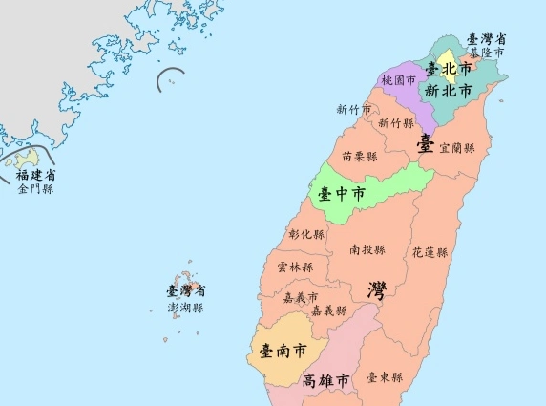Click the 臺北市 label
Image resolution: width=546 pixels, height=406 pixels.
click(449, 70)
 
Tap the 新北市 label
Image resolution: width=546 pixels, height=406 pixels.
click(448, 92)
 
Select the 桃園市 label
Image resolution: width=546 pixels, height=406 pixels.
click(398, 82)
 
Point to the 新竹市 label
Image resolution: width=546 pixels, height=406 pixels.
click(353, 109)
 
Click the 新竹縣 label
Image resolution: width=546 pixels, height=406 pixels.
click(396, 123)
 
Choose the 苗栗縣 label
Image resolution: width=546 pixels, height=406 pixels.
click(359, 156)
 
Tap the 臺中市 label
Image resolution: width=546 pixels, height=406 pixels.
click(342, 194)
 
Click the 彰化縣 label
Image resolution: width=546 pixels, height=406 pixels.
click(306, 234)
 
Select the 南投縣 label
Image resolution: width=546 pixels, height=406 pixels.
click(367, 249)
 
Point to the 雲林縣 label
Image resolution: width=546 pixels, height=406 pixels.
click(294, 267)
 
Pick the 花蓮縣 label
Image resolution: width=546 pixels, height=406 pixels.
click(430, 253)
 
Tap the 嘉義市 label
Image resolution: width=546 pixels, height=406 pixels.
click(301, 297)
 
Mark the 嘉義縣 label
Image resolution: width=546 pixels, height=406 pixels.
click(329, 310)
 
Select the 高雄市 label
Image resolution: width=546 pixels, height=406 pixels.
click(325, 380)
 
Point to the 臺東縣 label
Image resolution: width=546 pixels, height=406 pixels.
click(385, 377)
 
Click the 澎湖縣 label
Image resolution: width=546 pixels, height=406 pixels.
click(186, 308)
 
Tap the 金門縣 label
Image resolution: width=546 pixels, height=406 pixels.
click(35, 189)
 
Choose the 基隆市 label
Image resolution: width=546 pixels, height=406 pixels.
click(486, 52)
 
